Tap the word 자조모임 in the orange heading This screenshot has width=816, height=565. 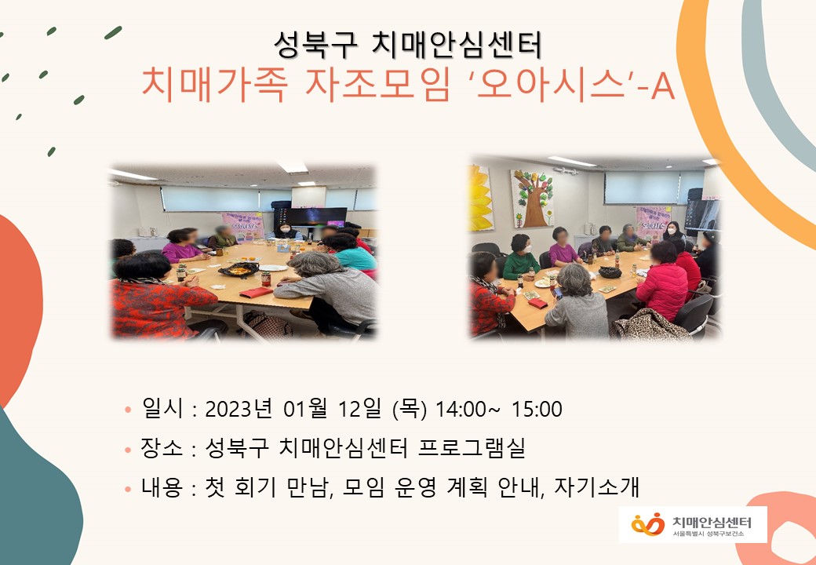[378, 84]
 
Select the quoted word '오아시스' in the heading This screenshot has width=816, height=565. [551, 84]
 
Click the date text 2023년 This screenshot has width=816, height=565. [239, 409]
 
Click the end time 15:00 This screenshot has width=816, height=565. [537, 410]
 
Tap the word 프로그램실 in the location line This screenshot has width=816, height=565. [472, 447]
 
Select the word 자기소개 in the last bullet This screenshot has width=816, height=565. [596, 487]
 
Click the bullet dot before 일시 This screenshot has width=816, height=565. [128, 410]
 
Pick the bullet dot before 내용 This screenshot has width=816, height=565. [128, 489]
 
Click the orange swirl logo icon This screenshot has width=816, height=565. [648, 524]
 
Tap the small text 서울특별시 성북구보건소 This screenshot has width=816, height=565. [708, 534]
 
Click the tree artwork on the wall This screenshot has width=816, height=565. [532, 199]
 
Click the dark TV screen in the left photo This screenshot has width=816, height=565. [316, 217]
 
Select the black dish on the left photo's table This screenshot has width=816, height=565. [239, 269]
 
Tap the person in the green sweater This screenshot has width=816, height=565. [521, 257]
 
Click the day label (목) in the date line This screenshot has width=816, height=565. [410, 409]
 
